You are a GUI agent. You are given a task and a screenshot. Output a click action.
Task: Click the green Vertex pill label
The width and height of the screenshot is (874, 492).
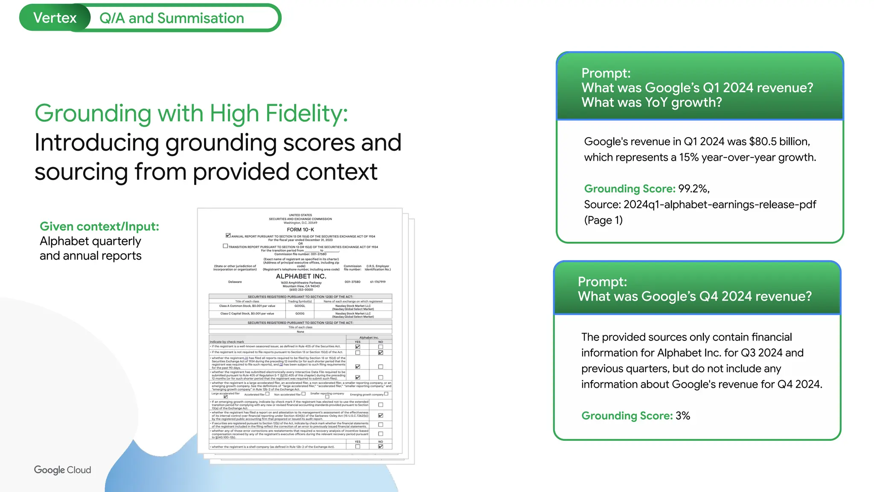click(x=55, y=18)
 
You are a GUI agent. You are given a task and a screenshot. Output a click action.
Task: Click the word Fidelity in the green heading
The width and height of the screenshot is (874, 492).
click(x=306, y=114)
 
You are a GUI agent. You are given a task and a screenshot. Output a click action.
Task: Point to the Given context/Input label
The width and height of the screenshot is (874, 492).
click(x=99, y=226)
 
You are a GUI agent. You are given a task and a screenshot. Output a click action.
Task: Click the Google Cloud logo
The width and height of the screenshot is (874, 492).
click(x=62, y=470)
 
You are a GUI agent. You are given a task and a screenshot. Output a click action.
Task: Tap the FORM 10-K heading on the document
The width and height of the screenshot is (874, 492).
click(x=300, y=229)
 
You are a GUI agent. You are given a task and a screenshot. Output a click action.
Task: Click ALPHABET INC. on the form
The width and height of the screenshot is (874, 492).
click(x=301, y=276)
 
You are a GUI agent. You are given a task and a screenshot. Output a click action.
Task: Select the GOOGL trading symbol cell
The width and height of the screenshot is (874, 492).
click(x=300, y=306)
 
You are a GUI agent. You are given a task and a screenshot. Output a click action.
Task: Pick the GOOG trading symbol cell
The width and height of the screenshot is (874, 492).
click(x=300, y=313)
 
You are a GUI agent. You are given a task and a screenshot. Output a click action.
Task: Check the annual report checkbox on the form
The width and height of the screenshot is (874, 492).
click(x=228, y=235)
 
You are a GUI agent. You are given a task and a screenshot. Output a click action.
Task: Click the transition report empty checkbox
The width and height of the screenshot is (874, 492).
click(x=225, y=246)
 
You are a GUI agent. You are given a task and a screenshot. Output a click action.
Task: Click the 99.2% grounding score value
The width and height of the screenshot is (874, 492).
click(x=693, y=189)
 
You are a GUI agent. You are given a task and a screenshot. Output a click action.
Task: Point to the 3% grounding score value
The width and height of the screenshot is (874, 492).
click(x=683, y=416)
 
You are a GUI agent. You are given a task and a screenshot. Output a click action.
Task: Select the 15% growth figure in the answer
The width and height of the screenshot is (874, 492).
click(x=689, y=158)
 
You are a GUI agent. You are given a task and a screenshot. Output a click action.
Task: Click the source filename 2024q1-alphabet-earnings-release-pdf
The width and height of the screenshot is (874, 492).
click(x=720, y=205)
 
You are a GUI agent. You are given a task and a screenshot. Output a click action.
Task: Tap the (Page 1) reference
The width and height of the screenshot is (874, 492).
click(x=603, y=220)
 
